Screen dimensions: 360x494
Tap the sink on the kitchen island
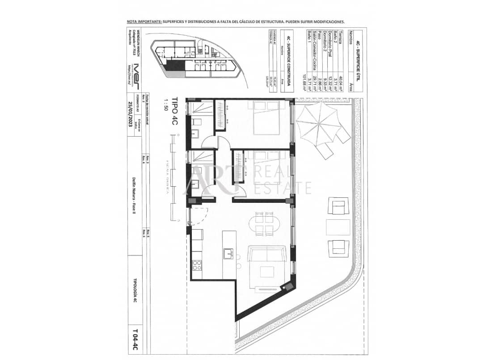pos(228,253)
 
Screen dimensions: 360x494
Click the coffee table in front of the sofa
pos(268,272)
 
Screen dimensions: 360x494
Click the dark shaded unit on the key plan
pos(174,66)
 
